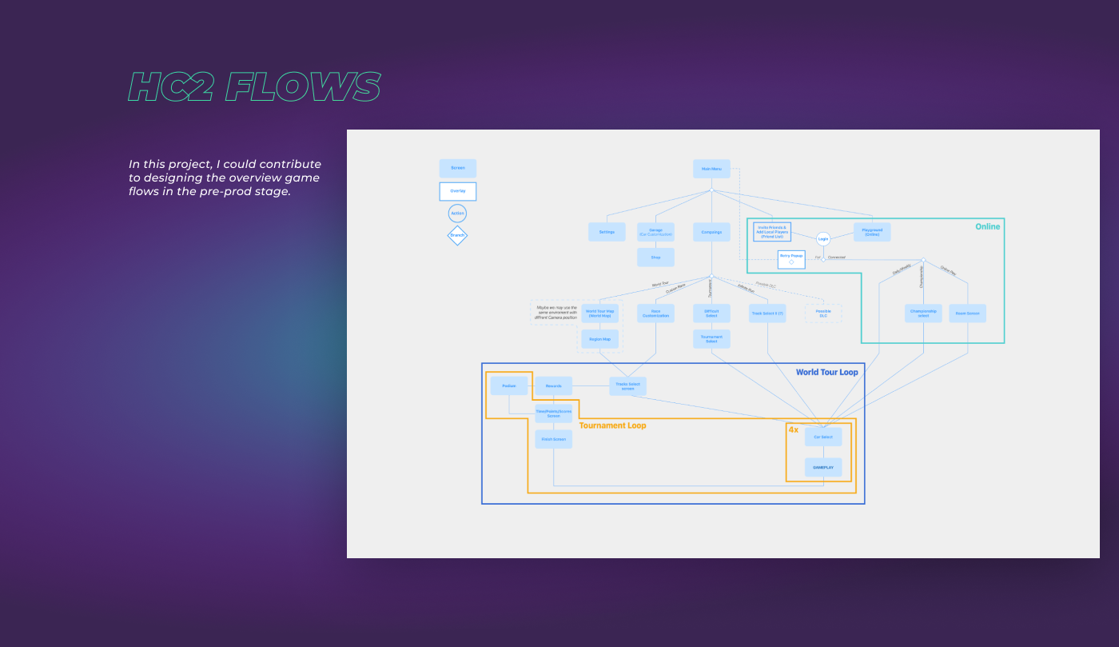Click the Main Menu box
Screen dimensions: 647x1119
(711, 169)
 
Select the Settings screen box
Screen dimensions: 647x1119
(607, 232)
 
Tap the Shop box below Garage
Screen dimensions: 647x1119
(655, 258)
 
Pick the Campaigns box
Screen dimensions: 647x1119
(711, 232)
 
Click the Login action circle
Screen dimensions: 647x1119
(823, 238)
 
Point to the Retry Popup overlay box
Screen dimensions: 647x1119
(791, 259)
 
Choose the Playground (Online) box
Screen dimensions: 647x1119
(872, 232)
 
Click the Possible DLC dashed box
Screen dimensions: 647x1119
(823, 314)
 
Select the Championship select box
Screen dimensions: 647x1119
(923, 314)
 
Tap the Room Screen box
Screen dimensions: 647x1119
(968, 314)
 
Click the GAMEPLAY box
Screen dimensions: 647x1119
(823, 467)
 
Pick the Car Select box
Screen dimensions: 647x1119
(823, 437)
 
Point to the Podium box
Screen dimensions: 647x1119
(509, 386)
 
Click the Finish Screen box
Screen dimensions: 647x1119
(554, 439)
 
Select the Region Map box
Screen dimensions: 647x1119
(599, 339)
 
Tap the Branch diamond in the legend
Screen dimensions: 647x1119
(457, 235)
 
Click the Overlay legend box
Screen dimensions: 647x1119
(458, 191)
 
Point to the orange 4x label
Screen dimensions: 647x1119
(794, 430)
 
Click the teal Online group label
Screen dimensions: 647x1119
(987, 227)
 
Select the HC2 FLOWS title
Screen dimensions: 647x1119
(254, 87)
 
